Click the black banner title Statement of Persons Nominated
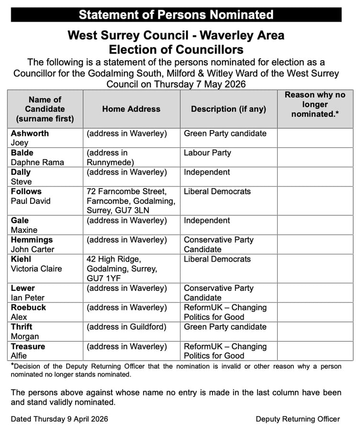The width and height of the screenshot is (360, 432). click(x=176, y=14)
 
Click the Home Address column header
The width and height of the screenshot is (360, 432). click(x=131, y=109)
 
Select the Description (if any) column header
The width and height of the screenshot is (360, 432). click(x=228, y=109)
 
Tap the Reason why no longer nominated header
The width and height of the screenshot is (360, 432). click(x=315, y=104)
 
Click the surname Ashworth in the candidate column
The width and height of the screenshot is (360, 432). click(x=30, y=133)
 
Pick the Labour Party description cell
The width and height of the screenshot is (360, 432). click(x=207, y=153)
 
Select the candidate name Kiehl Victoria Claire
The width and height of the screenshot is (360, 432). click(x=36, y=264)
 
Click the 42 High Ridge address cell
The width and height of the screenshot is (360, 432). click(x=122, y=268)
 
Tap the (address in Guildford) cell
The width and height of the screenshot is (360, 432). click(x=127, y=327)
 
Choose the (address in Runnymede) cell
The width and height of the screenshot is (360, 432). click(x=113, y=157)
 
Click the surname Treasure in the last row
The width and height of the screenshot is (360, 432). click(x=28, y=346)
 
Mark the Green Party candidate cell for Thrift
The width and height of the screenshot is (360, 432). click(x=225, y=327)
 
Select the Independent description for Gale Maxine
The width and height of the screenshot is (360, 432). click(x=207, y=221)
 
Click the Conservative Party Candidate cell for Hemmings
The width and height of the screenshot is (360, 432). click(x=218, y=244)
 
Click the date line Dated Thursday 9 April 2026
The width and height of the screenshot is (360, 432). click(x=59, y=419)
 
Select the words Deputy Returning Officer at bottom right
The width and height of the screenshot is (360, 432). click(x=298, y=419)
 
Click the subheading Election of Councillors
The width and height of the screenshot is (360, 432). click(x=176, y=49)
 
